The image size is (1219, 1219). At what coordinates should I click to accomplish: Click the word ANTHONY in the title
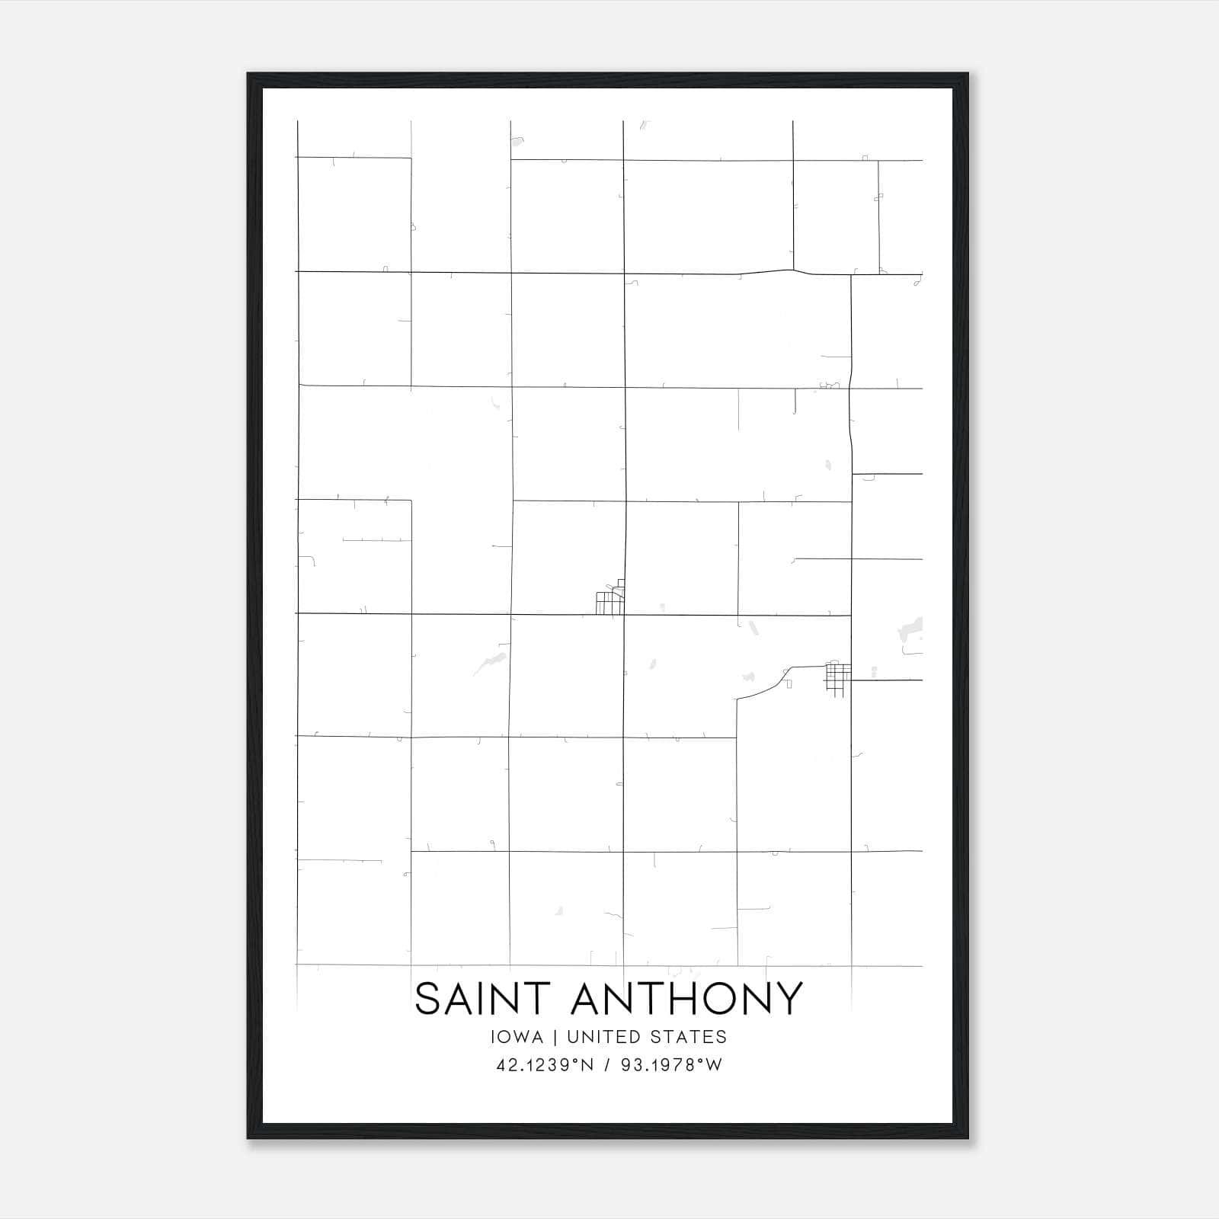pos(686,998)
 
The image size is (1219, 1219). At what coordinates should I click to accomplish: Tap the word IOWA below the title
pos(517,1037)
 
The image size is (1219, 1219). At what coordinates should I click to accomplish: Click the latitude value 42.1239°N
pos(544,1065)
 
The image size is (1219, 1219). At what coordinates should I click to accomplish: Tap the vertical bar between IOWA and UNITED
pos(555,1037)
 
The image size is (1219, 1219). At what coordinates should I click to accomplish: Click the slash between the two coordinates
pos(607,1065)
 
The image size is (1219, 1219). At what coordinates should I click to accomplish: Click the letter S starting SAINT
pos(427,998)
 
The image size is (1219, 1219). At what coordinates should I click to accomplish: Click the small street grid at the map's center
pos(610,601)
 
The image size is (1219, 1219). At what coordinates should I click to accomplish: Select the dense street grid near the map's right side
pos(837,678)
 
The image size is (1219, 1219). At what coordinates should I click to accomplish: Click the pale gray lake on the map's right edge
pos(911,632)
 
